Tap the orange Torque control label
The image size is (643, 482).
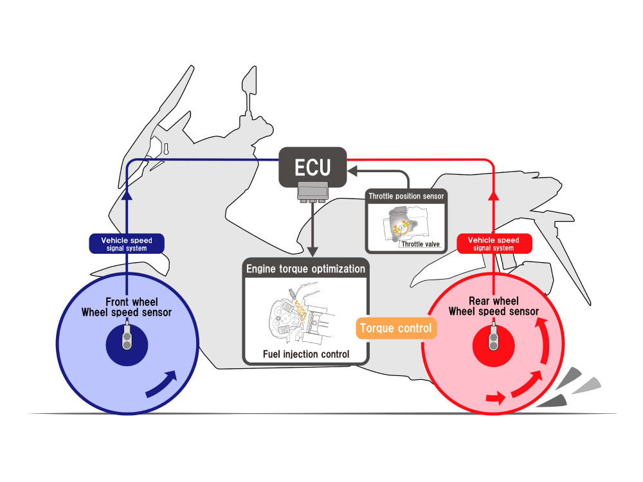tap(395, 328)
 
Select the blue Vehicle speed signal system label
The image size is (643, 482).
tap(126, 244)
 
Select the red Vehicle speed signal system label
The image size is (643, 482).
tap(494, 244)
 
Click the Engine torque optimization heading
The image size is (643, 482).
tap(305, 268)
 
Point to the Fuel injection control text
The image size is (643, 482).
tap(306, 354)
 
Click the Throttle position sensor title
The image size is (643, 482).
tap(406, 195)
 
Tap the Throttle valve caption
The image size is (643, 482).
tap(420, 244)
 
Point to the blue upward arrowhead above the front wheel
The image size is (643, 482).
tap(126, 197)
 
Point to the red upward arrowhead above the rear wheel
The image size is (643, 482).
tap(494, 197)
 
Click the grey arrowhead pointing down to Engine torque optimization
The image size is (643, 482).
tap(312, 249)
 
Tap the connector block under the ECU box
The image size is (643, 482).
tap(312, 191)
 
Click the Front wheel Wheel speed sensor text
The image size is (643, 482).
tap(126, 307)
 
